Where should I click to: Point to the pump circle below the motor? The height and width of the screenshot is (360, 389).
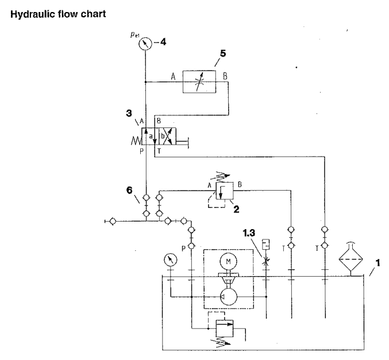(229, 298)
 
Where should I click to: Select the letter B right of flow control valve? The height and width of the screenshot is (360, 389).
(226, 75)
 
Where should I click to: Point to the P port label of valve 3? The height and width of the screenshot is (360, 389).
(140, 152)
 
